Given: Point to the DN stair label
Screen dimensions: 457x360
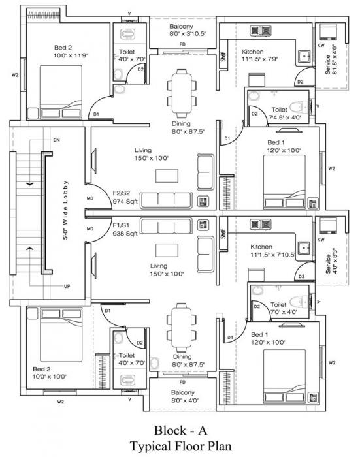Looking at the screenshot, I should [x=57, y=140].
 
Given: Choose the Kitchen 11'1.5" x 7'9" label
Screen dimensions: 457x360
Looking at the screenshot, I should [x=260, y=55].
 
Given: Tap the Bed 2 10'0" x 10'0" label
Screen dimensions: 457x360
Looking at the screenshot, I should [x=52, y=373].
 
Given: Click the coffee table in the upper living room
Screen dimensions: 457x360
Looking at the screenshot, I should [x=166, y=176].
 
